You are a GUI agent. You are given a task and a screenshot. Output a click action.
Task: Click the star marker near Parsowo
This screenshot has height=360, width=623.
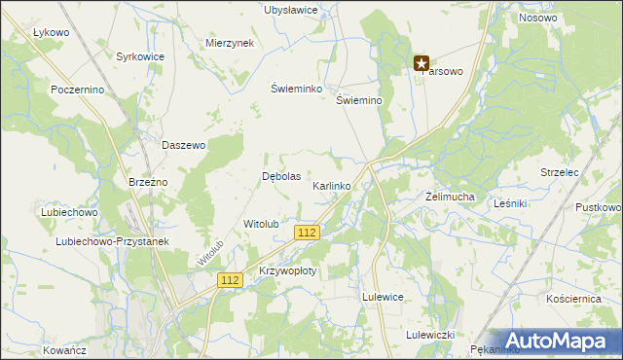(x=421, y=64)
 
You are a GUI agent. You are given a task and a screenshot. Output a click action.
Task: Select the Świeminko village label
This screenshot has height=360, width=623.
(x=296, y=88)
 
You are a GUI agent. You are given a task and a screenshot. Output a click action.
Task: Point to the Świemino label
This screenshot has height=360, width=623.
(x=357, y=100)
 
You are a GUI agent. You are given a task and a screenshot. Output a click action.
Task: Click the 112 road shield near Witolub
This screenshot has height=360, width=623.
(x=307, y=233)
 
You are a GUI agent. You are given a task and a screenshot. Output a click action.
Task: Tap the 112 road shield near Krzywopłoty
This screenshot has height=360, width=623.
(x=230, y=280)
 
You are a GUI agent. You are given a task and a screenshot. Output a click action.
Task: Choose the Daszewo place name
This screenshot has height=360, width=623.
(x=184, y=146)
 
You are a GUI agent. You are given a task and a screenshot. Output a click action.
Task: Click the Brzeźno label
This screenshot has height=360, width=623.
(x=149, y=182)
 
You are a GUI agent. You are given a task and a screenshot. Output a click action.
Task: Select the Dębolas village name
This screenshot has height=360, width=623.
(x=281, y=177)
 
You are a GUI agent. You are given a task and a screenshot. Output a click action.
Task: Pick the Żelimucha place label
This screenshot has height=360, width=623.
(x=450, y=197)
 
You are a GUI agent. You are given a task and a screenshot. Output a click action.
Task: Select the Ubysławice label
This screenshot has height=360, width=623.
(x=291, y=10)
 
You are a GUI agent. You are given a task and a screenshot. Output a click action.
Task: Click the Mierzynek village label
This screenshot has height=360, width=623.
(x=230, y=44)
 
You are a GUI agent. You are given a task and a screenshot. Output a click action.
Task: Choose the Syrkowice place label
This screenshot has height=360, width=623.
(x=140, y=57)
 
